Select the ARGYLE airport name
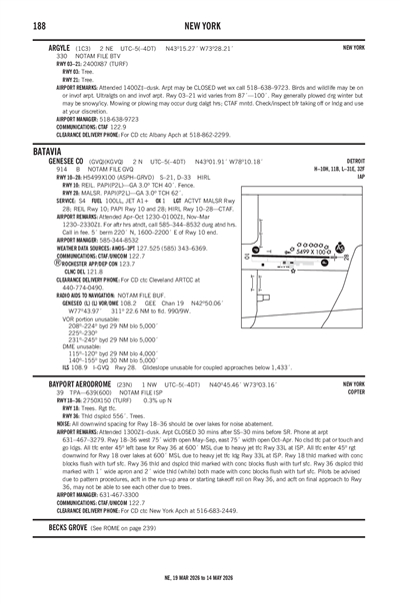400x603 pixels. coord(51,47)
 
